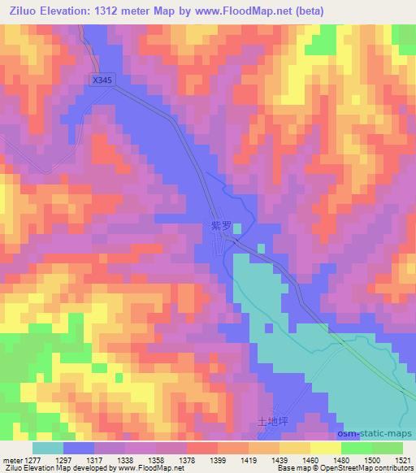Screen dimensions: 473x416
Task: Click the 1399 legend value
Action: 194,460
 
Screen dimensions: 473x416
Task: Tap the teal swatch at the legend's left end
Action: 48,447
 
